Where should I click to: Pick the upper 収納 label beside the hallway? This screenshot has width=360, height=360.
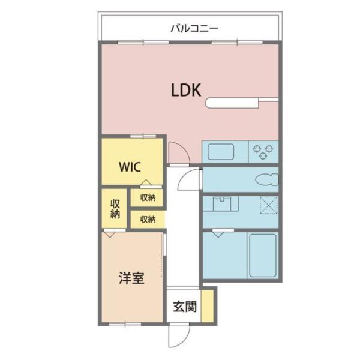(x=148, y=197)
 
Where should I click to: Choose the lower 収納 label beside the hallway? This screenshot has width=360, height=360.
(x=148, y=219)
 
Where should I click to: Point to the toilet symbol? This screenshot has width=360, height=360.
(x=266, y=178)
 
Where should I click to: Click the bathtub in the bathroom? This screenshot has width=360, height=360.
(x=262, y=254)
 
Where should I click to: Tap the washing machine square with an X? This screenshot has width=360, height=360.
(x=267, y=205)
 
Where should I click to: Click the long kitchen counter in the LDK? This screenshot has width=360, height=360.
(x=240, y=104)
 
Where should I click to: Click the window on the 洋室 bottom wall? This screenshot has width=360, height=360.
(x=125, y=324)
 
